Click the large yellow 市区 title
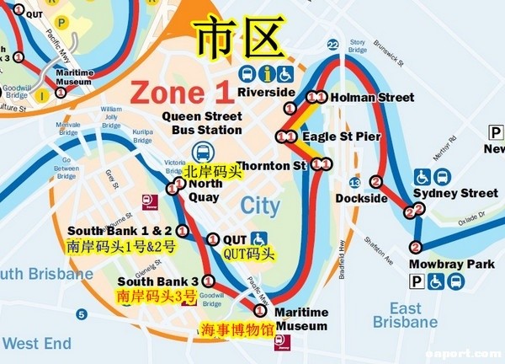pyautogui.click(x=238, y=39)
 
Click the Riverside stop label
pyautogui.click(x=266, y=92)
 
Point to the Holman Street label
pyautogui.click(x=372, y=98)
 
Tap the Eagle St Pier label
pyautogui.click(x=341, y=136)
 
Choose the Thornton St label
pyautogui.click(x=271, y=166)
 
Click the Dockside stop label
pyautogui.click(x=361, y=198)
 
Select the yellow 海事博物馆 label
pyautogui.click(x=236, y=329)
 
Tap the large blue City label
pyautogui.click(x=260, y=205)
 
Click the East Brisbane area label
pyautogui.click(x=405, y=316)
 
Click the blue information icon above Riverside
pyautogui.click(x=268, y=74)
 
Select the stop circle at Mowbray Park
pyautogui.click(x=415, y=248)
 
